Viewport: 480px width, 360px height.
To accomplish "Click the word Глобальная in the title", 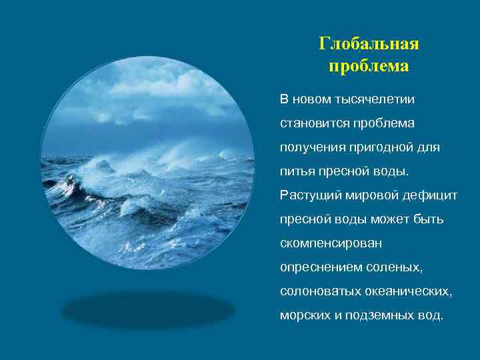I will tap(369, 44).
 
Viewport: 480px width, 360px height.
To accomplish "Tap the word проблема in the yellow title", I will tap(369, 67).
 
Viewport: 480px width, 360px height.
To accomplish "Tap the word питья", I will tap(296, 172).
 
